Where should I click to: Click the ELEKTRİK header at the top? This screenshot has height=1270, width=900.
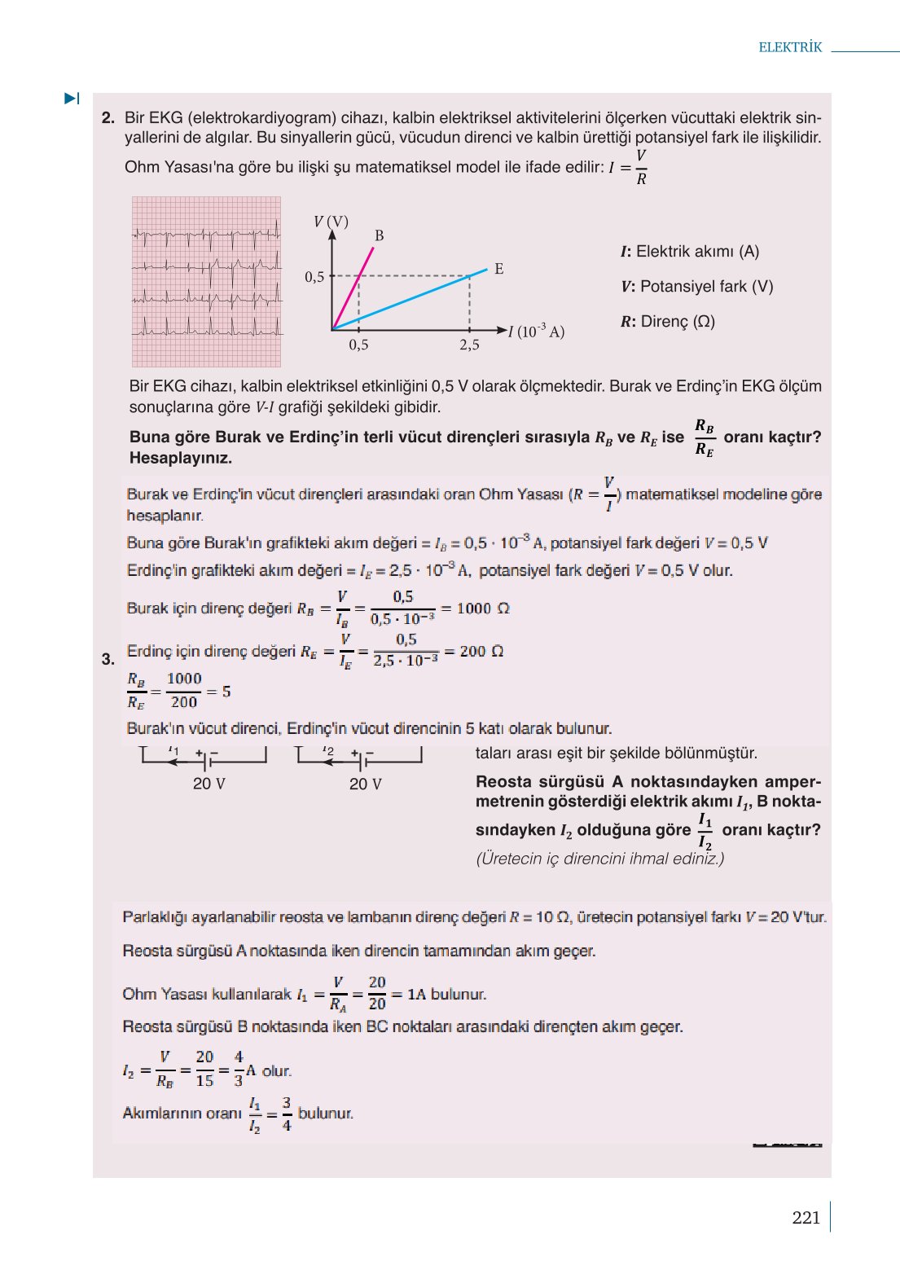[790, 47]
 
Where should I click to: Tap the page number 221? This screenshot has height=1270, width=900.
[806, 1218]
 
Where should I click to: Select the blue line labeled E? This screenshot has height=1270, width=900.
[424, 294]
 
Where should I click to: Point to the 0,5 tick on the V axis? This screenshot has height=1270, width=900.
[314, 277]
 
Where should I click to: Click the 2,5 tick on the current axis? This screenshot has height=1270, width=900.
[469, 345]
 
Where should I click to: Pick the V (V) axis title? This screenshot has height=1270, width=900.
[331, 222]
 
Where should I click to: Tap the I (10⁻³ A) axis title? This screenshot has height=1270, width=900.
[536, 332]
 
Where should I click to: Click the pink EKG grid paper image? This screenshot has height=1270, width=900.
[206, 281]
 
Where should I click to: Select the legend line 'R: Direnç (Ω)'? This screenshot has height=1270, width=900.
[668, 322]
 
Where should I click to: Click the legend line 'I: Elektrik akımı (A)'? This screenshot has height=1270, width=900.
[690, 252]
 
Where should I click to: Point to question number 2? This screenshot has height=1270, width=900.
[108, 118]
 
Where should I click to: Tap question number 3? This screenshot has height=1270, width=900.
[108, 659]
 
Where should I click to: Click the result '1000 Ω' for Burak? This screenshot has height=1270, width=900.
[483, 609]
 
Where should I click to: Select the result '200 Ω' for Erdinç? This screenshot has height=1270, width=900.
[481, 652]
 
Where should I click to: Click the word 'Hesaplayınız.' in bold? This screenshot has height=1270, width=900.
[181, 458]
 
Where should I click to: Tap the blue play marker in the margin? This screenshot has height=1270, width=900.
[72, 99]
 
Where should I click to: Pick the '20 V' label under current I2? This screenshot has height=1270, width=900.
[365, 784]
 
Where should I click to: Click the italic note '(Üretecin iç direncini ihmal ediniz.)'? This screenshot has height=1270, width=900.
[599, 859]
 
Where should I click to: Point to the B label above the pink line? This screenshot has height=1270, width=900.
[379, 235]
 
